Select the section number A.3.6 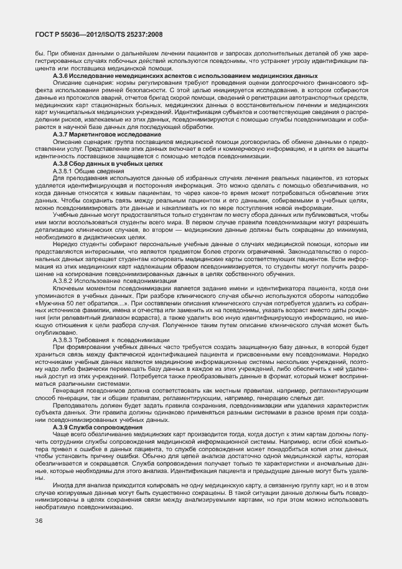(64, 75)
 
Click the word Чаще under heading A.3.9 (62, 435)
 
